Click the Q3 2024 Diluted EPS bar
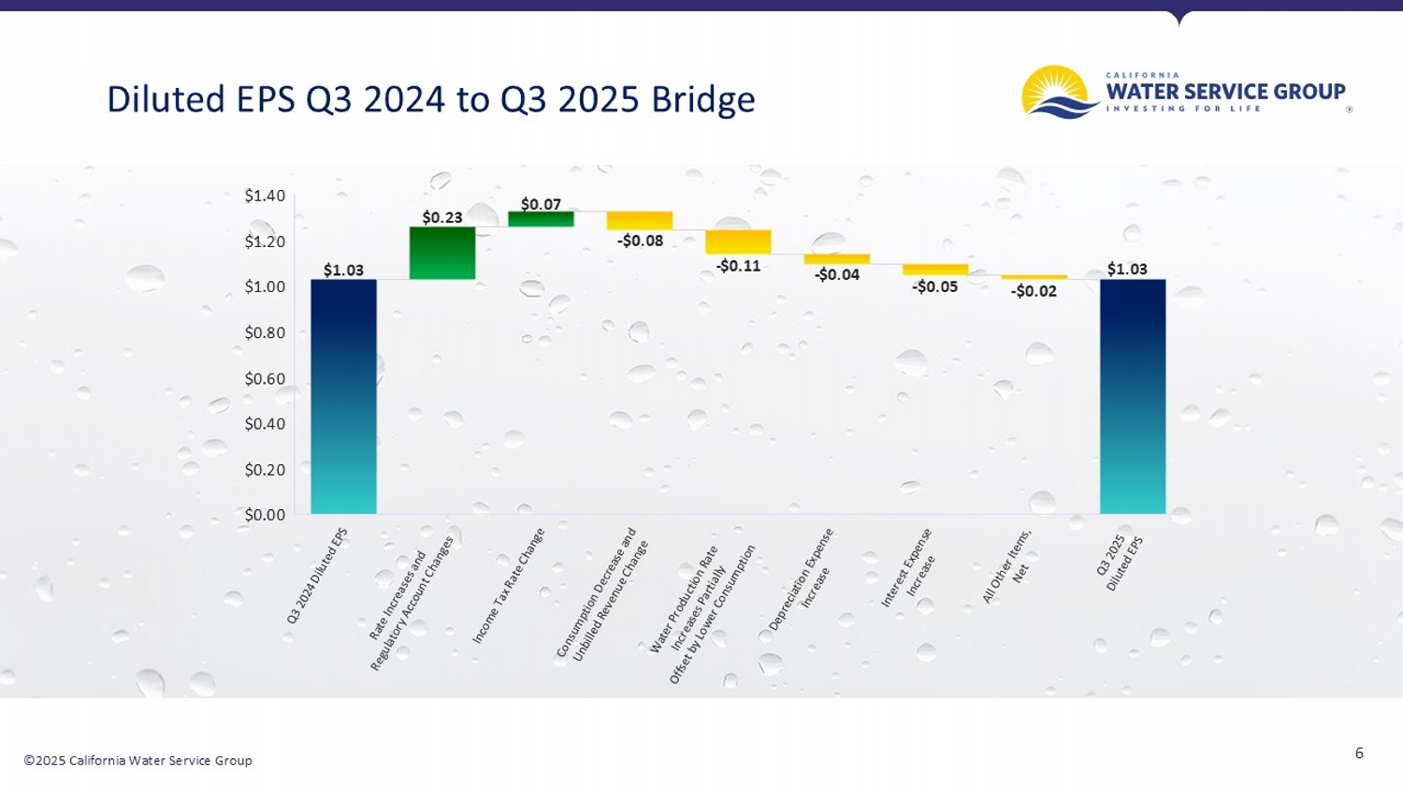click(343, 396)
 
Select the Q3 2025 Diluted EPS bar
click(1132, 396)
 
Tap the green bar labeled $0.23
click(442, 253)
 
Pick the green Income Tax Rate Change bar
click(541, 219)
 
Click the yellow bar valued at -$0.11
click(738, 241)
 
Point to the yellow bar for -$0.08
click(640, 220)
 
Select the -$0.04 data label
click(836, 275)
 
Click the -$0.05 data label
click(934, 286)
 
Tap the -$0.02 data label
click(1034, 291)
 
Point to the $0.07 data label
click(541, 204)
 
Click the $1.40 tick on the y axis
click(265, 196)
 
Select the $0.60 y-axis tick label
click(265, 378)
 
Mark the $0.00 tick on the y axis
click(265, 515)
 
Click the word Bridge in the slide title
click(702, 99)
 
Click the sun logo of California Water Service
click(1059, 93)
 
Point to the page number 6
click(1359, 753)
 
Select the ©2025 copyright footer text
click(137, 760)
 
